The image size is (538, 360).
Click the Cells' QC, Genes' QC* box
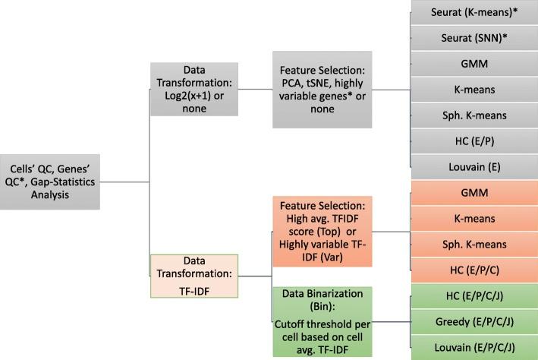pos(50,182)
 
